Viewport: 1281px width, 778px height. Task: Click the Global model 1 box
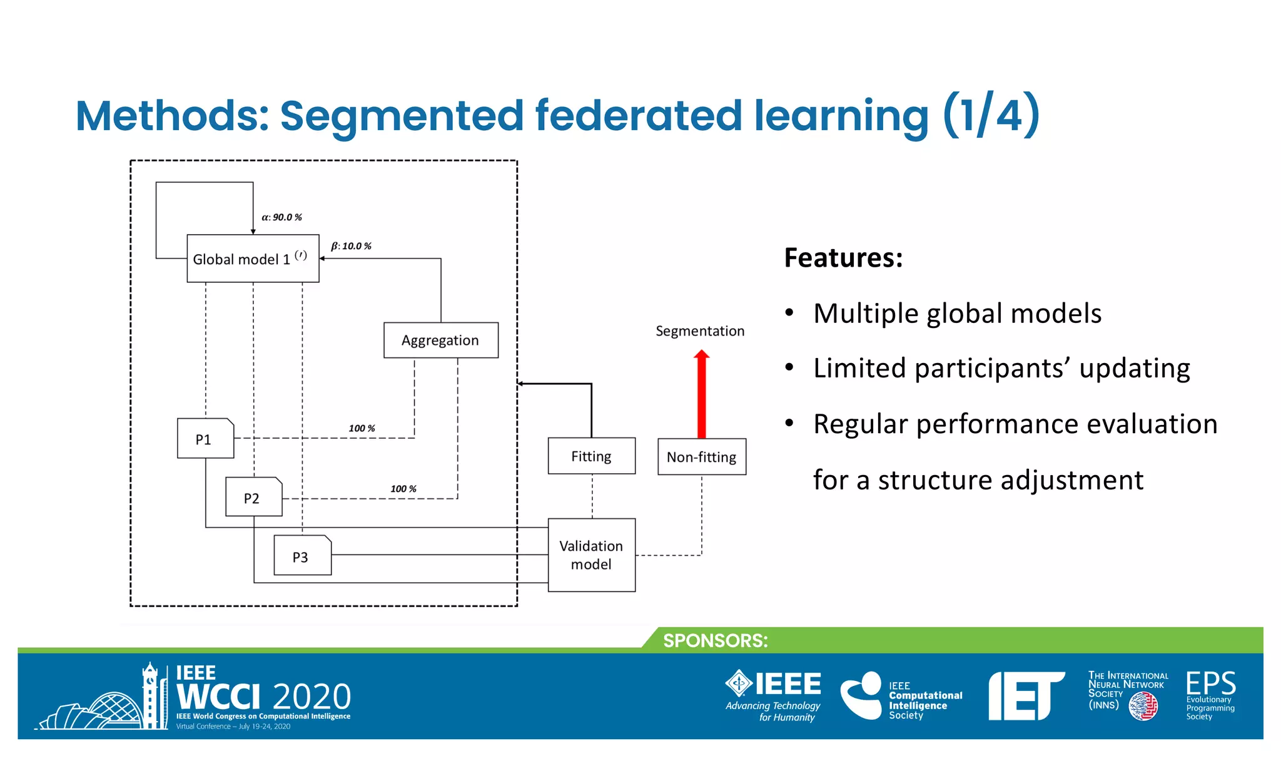pos(253,258)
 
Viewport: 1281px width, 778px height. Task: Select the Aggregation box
pos(440,340)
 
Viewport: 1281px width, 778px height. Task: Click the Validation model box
pos(591,555)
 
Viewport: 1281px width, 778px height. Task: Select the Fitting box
pos(591,456)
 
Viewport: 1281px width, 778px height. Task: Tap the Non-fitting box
pos(701,457)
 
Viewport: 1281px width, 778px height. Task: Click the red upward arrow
pos(701,394)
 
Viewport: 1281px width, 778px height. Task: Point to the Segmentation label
pos(700,331)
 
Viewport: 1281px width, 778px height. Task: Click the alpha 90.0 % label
pos(281,217)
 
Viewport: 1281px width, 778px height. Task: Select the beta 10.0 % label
pos(351,246)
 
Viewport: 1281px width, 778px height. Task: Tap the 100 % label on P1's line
pos(362,428)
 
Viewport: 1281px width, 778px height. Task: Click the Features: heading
pos(843,258)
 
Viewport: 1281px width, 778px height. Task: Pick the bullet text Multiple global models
pos(957,314)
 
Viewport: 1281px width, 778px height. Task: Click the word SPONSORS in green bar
pos(715,640)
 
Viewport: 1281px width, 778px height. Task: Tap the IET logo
pos(1026,695)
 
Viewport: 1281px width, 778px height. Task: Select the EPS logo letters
pos(1210,683)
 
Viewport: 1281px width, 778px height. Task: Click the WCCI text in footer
pos(218,696)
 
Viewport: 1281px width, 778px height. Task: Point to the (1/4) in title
pos(991,115)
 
